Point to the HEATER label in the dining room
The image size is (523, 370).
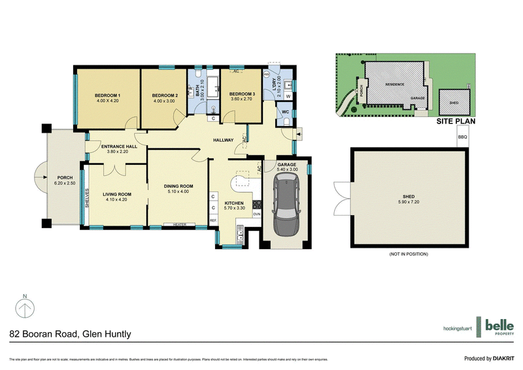click(x=180, y=226)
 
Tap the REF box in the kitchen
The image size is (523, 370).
click(x=213, y=220)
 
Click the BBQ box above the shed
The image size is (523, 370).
click(x=463, y=137)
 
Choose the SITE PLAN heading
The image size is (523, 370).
click(x=456, y=121)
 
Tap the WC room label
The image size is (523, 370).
click(x=285, y=112)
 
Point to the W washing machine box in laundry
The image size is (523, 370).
click(x=288, y=96)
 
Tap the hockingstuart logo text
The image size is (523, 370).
click(x=453, y=328)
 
